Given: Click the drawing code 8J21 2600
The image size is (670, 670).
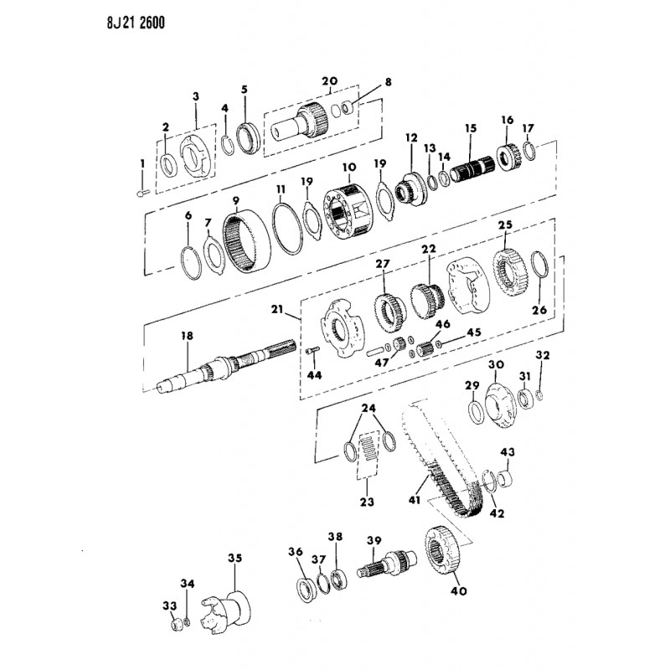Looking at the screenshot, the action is [136, 23].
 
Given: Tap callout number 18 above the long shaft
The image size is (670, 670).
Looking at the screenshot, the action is [187, 337].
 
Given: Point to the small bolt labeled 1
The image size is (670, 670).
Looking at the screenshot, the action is [142, 193].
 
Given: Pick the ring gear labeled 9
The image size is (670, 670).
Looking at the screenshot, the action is [246, 241].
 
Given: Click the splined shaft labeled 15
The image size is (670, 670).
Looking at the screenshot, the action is [473, 169].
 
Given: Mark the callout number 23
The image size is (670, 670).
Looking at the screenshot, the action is [367, 501].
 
